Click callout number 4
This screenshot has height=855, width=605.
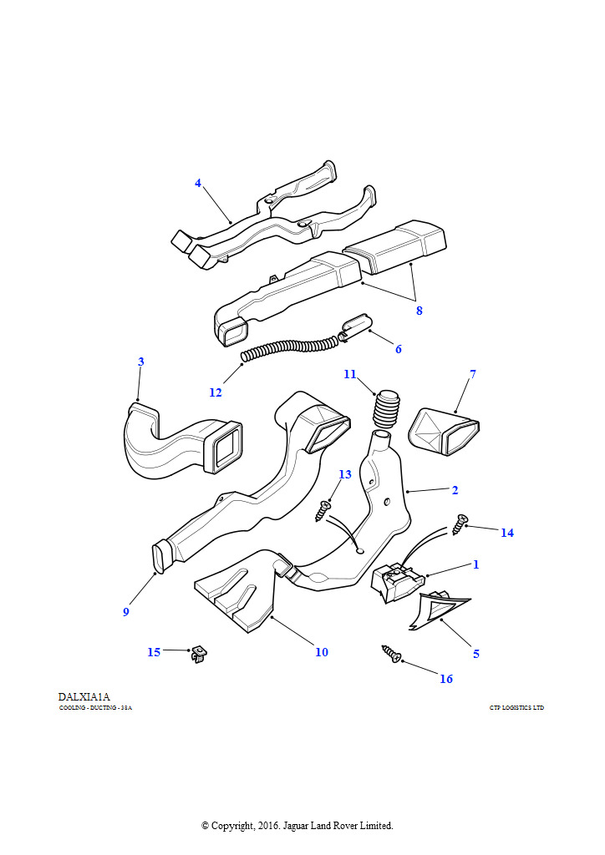[x=198, y=183]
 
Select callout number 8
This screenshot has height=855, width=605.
[x=419, y=311]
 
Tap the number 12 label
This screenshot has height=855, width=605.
[x=216, y=392]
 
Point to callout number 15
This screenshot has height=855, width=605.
[x=154, y=652]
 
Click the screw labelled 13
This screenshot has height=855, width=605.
[x=324, y=510]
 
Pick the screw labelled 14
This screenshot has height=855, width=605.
[x=459, y=524]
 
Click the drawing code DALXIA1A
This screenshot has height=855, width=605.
[x=84, y=696]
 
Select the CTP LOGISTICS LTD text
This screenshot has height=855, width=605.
[x=516, y=708]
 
